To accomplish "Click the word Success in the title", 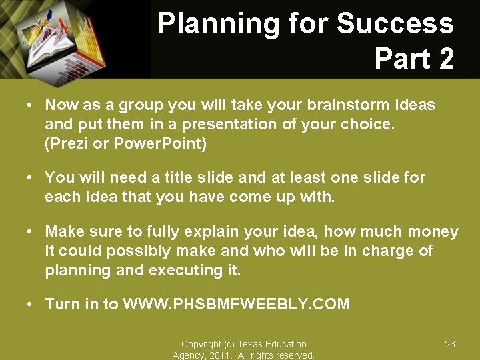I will tap(395, 24).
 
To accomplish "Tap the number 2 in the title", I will tap(444, 58).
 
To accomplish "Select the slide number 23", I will tap(450, 344).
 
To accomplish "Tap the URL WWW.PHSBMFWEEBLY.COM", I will tap(236, 305).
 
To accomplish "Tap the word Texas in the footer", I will tap(252, 344).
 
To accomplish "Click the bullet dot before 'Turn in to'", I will tap(30, 305).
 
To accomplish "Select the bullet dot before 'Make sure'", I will tap(30, 232).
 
